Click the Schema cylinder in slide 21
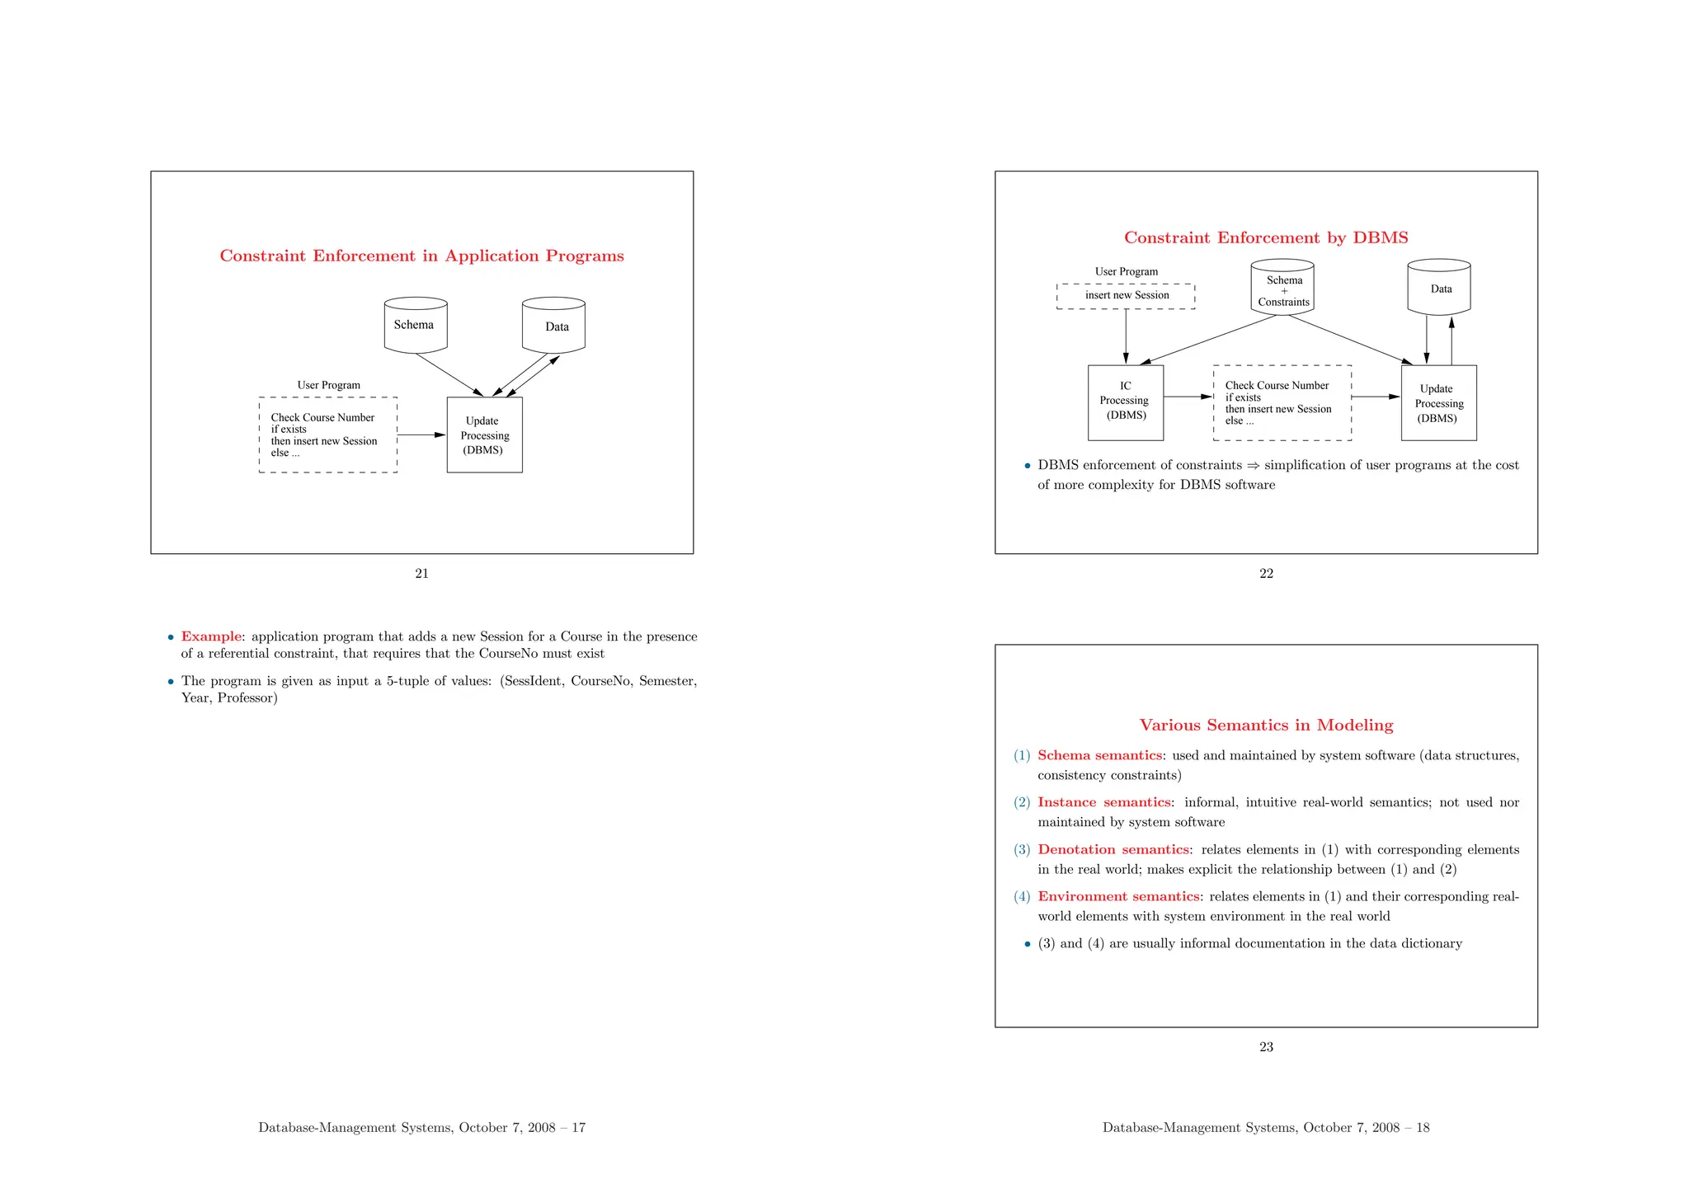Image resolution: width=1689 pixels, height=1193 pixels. tap(416, 325)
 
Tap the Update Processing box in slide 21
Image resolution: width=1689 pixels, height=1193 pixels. tap(484, 434)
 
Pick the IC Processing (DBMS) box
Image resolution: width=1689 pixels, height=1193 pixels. tap(1125, 402)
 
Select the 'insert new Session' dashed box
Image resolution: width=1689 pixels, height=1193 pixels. tap(1126, 296)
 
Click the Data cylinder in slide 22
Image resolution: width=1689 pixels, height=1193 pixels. tap(1438, 288)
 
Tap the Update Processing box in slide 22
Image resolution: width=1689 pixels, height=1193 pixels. tap(1438, 402)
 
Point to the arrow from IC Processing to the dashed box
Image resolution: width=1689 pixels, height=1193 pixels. tap(1188, 397)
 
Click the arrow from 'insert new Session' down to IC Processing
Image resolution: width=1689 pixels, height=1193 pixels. tap(1126, 336)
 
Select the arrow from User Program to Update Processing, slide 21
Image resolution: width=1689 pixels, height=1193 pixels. tap(421, 434)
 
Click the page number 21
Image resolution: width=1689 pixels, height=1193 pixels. tap(421, 574)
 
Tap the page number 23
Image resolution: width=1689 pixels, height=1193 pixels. tap(1266, 1047)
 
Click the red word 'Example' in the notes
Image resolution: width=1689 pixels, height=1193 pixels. tap(211, 636)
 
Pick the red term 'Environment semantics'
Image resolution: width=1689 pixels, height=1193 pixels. tap(1118, 896)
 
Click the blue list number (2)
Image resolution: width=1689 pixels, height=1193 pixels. tap(1022, 802)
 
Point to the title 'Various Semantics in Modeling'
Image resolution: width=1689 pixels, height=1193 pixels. tap(1266, 726)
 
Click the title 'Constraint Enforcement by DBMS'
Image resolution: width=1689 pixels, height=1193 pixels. tap(1266, 238)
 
